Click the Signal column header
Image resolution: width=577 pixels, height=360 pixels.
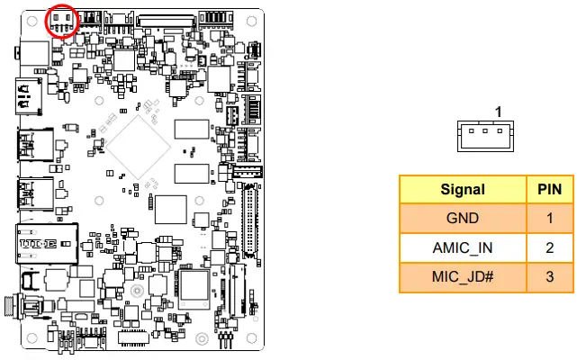463,190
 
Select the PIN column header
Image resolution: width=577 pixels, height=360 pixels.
549,190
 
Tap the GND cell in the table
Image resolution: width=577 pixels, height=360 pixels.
463,218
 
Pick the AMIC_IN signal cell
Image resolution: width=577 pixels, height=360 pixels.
463,247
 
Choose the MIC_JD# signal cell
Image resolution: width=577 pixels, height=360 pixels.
463,275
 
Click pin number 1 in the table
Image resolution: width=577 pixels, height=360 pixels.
549,218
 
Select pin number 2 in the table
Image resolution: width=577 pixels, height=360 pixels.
549,247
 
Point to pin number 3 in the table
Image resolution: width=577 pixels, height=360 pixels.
549,275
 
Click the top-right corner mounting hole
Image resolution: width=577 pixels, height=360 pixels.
250,22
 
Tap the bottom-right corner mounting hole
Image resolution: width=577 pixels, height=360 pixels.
250,337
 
